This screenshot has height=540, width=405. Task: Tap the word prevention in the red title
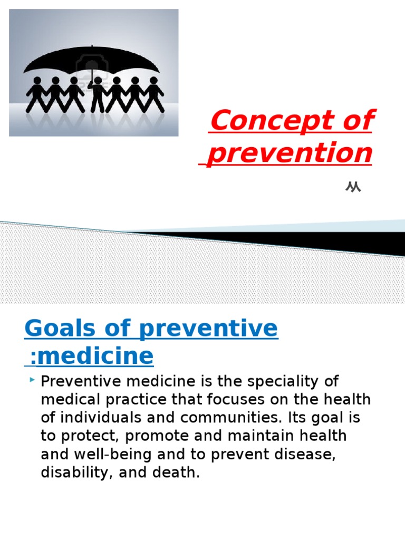[x=290, y=153]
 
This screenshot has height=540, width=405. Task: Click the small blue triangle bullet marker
[x=33, y=380]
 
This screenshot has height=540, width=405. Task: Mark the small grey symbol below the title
[x=353, y=187]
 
